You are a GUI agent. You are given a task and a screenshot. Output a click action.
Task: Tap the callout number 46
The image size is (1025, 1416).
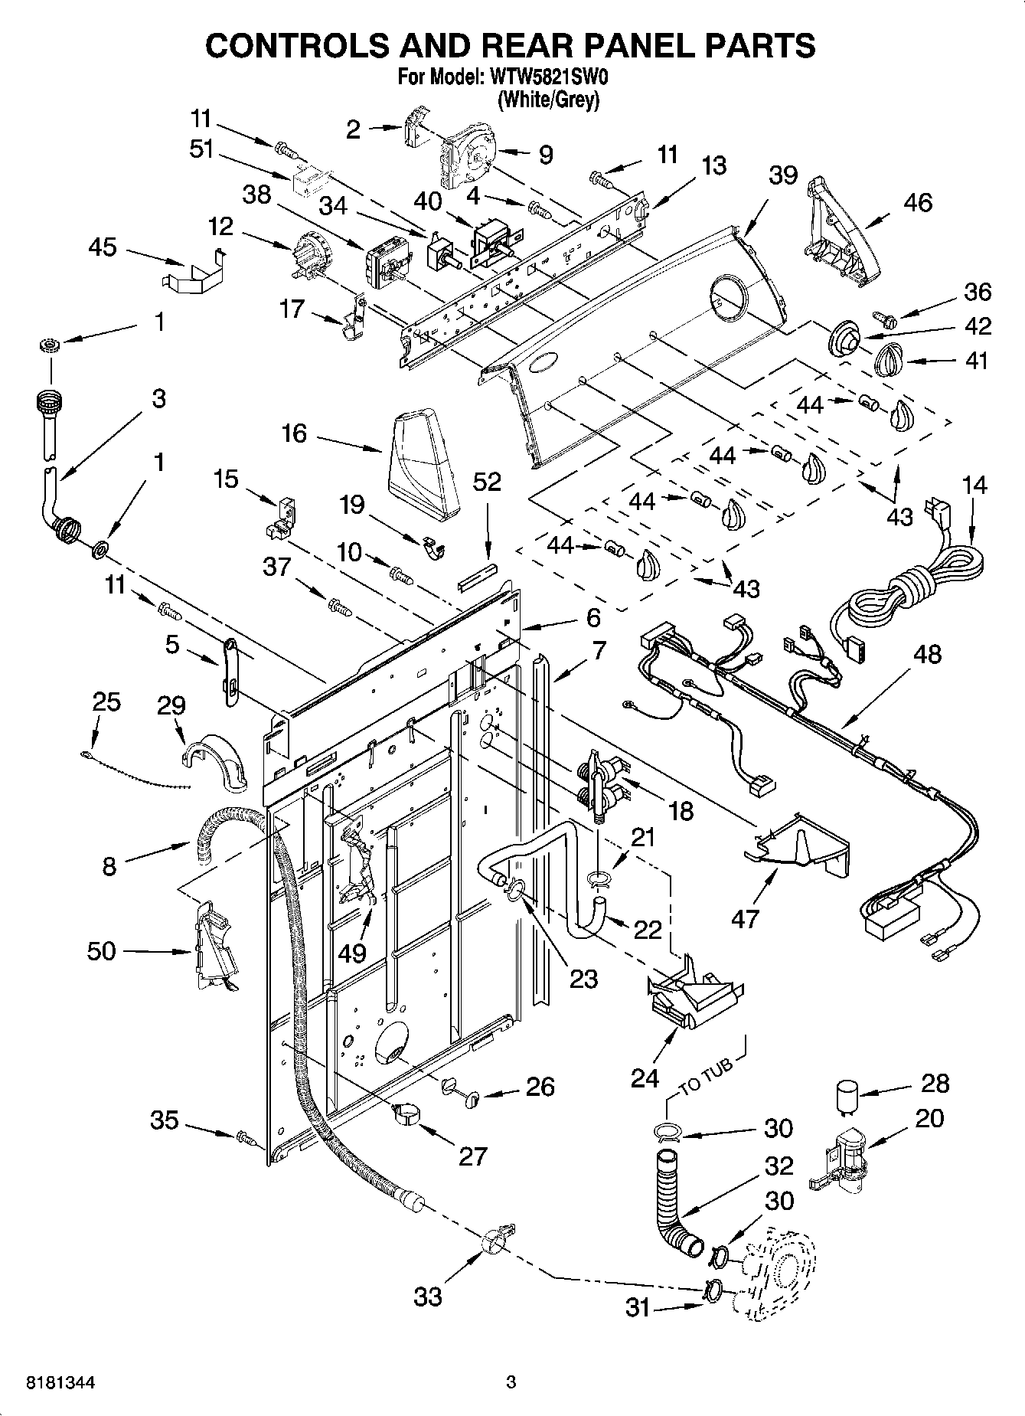pos(918,202)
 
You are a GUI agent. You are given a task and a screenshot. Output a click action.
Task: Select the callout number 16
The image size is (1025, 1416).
pos(294,433)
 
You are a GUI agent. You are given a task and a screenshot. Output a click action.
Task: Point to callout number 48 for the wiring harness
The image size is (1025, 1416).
pos(927,654)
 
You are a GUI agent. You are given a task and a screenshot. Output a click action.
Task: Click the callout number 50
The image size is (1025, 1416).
pos(102,951)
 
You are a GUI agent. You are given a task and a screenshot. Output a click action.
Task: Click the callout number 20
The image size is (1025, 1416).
pos(929,1119)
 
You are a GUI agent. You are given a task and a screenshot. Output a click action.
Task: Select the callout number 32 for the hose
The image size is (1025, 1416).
pos(779,1166)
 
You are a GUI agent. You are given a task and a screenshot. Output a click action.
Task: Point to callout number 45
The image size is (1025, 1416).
pos(103,247)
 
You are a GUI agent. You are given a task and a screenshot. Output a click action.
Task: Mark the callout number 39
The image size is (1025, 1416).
pos(783,175)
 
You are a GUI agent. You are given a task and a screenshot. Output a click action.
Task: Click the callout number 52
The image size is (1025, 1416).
pos(487,482)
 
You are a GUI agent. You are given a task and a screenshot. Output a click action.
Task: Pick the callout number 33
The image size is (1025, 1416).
pos(429,1297)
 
